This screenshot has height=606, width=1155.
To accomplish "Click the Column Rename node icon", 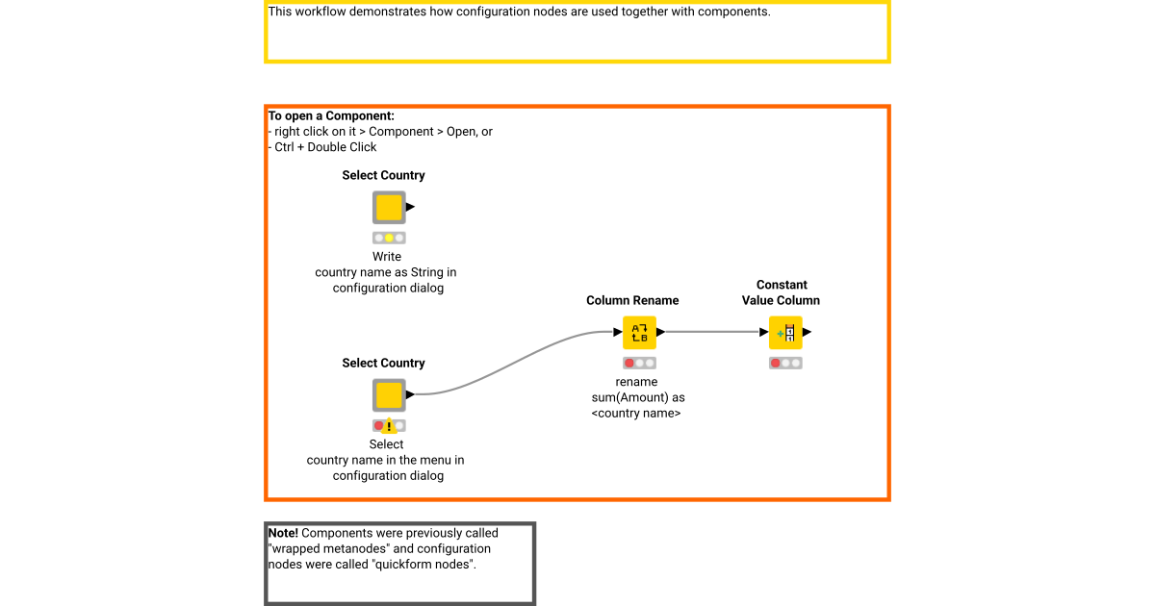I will [x=639, y=333].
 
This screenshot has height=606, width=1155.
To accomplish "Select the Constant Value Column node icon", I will [x=785, y=333].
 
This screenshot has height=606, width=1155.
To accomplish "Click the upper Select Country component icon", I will [x=389, y=208].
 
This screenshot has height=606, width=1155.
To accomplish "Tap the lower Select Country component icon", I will [x=389, y=395].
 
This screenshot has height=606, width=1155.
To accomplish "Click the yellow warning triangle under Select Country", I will [x=389, y=426].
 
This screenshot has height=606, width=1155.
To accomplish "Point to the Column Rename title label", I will [x=632, y=301].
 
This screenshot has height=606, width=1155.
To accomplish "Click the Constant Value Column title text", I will [x=781, y=292].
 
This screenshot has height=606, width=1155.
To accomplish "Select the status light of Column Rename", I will [x=639, y=364].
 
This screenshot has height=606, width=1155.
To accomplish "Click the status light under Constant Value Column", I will [x=785, y=364].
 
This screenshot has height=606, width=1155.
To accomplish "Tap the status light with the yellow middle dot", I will [x=389, y=238].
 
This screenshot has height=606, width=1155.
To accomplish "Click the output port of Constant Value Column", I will [x=808, y=333].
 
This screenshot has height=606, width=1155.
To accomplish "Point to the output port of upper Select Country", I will [x=410, y=207].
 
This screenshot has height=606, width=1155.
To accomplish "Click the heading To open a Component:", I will [x=331, y=116].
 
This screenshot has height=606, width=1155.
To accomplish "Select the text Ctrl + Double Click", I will [x=325, y=147].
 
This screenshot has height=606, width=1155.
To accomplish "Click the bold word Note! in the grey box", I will [x=284, y=533].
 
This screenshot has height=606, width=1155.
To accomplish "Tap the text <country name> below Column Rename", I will [x=636, y=413].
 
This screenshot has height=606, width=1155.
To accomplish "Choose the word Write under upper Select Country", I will [x=387, y=257].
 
